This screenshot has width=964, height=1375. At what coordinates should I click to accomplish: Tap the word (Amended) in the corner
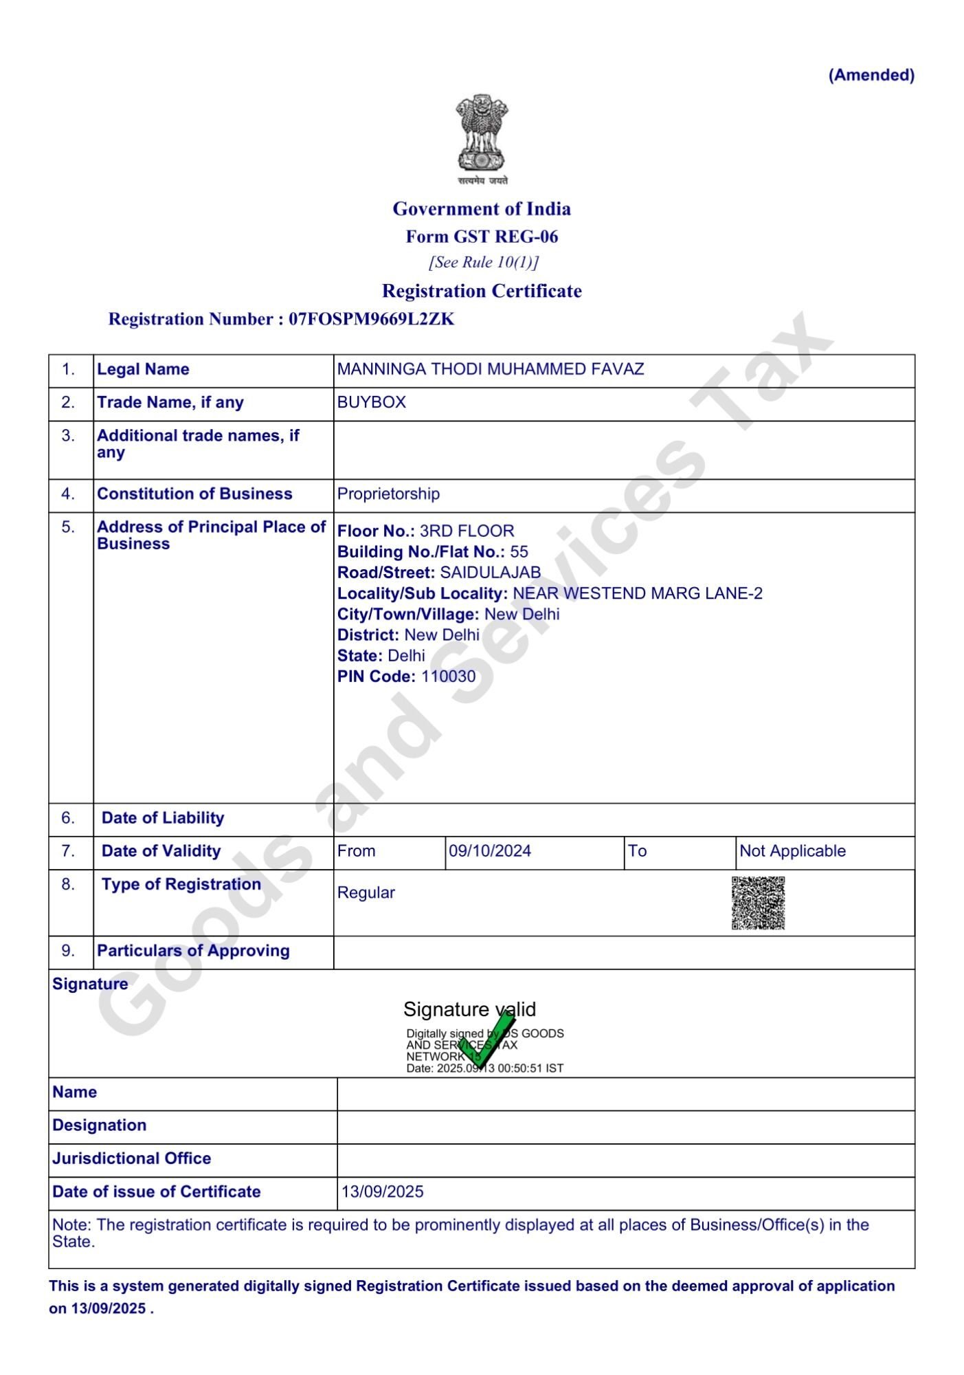[871, 75]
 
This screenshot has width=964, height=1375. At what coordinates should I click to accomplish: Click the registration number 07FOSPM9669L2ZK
[371, 319]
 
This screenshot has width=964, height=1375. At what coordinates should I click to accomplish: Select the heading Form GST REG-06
[482, 236]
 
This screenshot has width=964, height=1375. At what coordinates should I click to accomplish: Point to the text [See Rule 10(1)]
[483, 262]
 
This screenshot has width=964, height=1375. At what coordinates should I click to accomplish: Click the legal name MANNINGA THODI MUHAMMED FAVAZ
[491, 369]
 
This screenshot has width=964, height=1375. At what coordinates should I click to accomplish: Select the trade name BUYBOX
[372, 402]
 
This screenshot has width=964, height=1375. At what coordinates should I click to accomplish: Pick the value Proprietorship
[388, 494]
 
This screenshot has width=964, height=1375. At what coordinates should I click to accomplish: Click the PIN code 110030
[448, 676]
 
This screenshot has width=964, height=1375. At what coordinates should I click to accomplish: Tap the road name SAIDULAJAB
[490, 573]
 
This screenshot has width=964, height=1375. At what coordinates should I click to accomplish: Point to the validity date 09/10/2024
[490, 851]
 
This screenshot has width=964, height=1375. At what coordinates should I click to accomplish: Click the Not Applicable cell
[792, 851]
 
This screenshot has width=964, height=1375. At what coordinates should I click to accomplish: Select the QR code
[758, 903]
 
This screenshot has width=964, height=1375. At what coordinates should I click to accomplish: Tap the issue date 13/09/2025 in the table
[383, 1191]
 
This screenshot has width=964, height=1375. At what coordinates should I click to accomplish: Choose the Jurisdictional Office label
[131, 1158]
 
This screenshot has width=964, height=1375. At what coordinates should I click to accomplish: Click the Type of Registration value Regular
[366, 892]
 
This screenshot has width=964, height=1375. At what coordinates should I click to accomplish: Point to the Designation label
[100, 1125]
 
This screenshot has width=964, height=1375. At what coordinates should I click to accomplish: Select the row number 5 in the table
[68, 527]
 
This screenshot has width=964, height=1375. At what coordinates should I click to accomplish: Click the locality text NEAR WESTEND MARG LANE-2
[638, 593]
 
